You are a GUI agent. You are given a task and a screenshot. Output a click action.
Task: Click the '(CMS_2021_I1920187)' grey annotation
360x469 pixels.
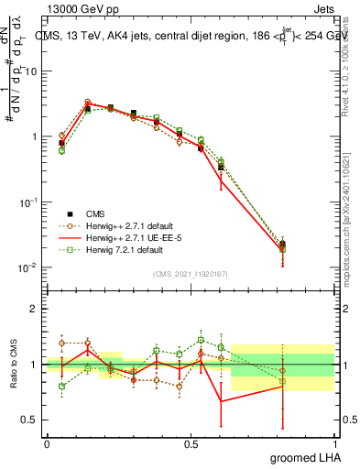click(191, 274)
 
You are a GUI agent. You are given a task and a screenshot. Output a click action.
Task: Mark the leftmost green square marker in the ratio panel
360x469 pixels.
click(61, 387)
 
